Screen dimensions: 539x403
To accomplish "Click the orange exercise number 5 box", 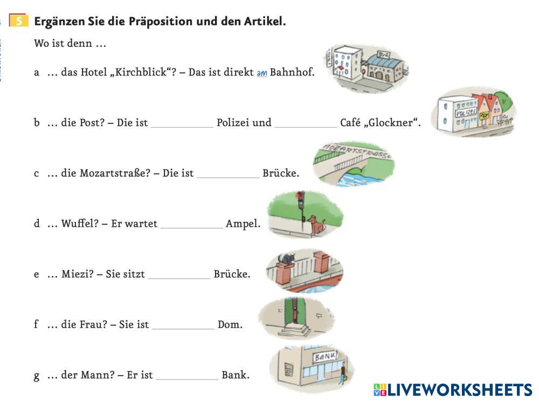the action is [x=19, y=22].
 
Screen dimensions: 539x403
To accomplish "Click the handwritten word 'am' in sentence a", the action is [x=262, y=73].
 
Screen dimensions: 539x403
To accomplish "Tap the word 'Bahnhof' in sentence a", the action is [x=292, y=72].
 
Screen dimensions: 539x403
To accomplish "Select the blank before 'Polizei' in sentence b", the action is [x=182, y=123].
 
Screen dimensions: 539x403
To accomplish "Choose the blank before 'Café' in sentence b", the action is [x=306, y=123].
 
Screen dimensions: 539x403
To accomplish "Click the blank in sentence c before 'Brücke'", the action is [x=228, y=174].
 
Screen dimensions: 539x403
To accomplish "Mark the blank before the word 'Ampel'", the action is [x=192, y=225].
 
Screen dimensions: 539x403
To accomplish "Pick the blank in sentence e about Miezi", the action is [x=179, y=275].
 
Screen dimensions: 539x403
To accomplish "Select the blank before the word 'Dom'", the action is [x=183, y=325].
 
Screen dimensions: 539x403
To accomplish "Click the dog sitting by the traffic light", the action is [x=315, y=225].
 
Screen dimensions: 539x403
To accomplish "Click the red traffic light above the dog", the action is [x=300, y=195].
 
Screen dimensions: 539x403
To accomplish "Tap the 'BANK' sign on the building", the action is [x=326, y=356].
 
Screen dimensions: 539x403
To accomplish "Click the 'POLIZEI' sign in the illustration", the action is [x=465, y=113].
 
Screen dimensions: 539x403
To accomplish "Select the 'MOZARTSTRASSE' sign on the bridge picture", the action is [x=356, y=151].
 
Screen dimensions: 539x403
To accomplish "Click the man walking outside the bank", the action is [x=342, y=373].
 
